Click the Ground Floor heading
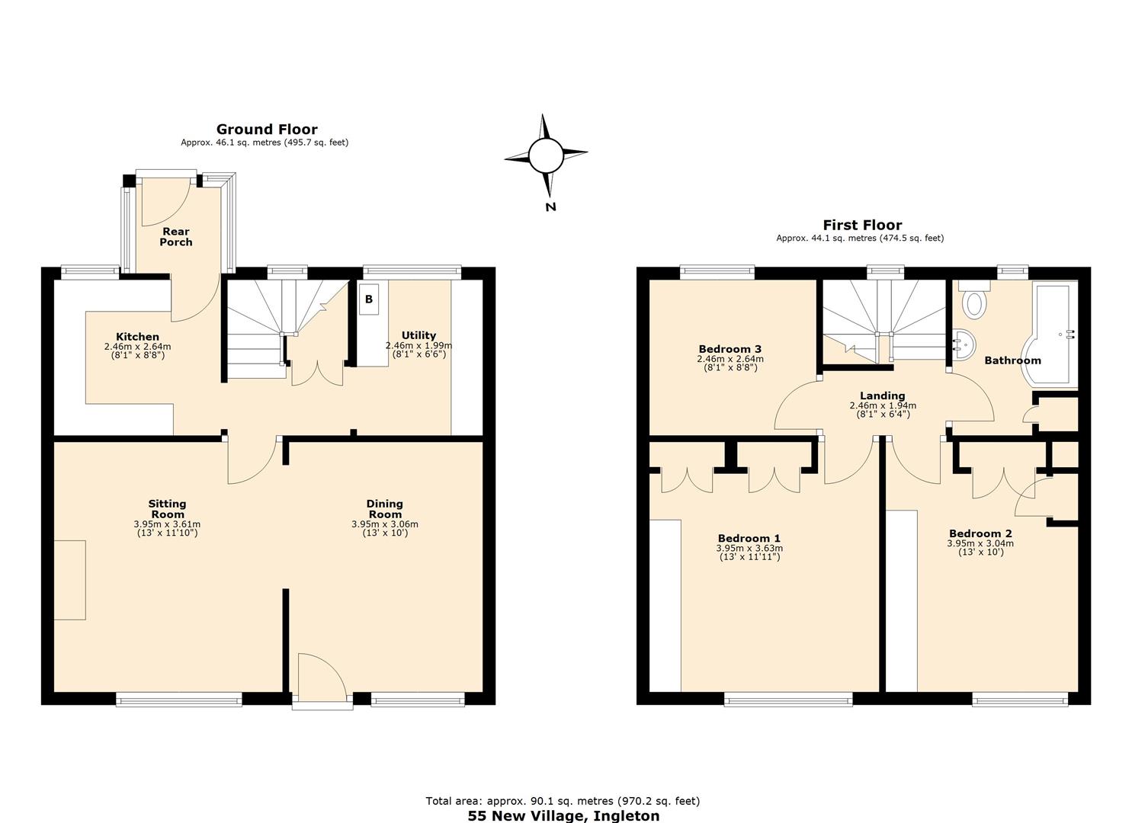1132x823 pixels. coord(266,130)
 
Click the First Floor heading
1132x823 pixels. coord(861,225)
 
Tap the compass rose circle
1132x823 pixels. coord(545,155)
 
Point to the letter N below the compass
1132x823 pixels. coord(550,207)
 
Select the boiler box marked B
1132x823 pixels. coord(369,299)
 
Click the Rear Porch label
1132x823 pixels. coord(175,237)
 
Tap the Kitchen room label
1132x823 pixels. coord(137,337)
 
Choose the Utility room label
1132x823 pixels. coord(418,335)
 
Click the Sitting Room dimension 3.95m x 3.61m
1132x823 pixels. coord(167,524)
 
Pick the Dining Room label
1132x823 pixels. coord(384,508)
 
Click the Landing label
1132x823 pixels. coord(882,395)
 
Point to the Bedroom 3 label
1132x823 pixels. coord(730,349)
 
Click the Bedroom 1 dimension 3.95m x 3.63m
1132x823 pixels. coord(749,548)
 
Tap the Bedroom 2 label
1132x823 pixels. coord(980,533)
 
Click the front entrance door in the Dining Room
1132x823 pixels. coord(322,678)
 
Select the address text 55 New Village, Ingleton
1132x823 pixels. coord(563,815)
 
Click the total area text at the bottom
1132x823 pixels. coord(563,801)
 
